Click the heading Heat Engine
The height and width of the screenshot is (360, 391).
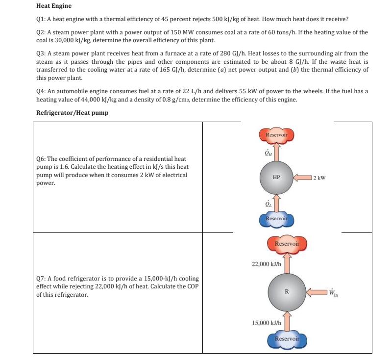click(54, 6)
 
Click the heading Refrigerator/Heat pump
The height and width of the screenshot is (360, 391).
click(73, 112)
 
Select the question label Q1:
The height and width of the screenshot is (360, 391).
click(43, 19)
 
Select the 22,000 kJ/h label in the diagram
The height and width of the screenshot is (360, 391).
click(266, 263)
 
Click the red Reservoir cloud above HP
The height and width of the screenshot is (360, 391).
click(276, 135)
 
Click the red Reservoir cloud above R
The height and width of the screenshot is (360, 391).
click(287, 244)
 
